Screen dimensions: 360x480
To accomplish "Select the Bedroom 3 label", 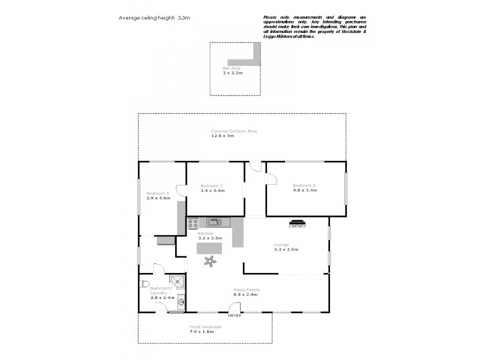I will coord(158,193).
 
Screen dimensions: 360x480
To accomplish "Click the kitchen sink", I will coord(214,222).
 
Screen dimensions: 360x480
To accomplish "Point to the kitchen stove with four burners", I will coord(193,223).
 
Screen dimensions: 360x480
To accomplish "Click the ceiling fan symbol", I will coord(211,260).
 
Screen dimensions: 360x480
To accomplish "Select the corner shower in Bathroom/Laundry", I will coord(177,282).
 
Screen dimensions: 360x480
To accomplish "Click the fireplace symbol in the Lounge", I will coord(297,224).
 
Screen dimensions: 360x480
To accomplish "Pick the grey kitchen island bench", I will coord(209,247).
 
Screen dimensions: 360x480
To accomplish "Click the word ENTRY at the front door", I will coord(235,316).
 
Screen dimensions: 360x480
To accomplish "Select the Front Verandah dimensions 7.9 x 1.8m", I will coord(206,331).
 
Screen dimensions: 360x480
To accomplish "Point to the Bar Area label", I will coord(232,68).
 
